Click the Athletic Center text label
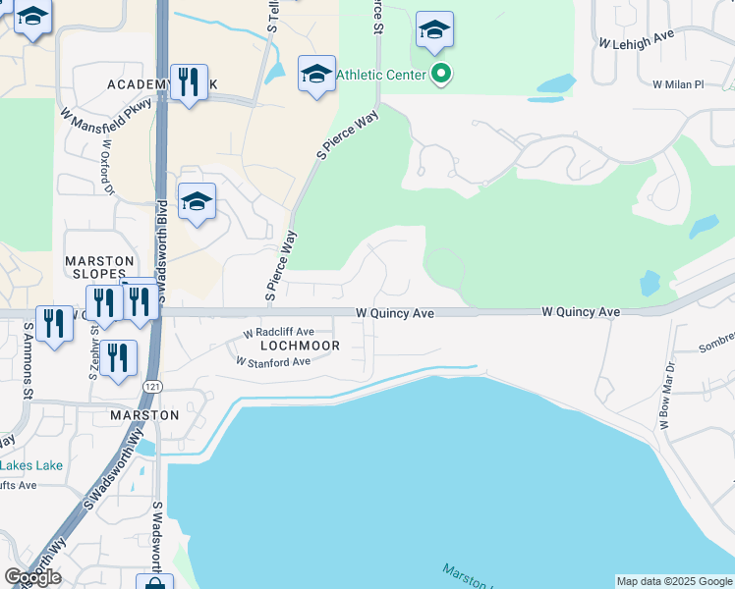coord(381,75)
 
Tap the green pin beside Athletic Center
coord(441,74)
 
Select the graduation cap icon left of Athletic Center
coord(316,75)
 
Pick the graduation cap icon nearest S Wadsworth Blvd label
coord(197,202)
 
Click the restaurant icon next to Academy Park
coord(187,81)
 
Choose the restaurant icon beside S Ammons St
coord(54,323)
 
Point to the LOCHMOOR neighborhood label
coord(300,346)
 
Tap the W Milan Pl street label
coord(679,84)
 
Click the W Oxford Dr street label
coord(106,168)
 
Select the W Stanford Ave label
coord(273,361)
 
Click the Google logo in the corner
coord(32,577)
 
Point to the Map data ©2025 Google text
coord(673,581)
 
